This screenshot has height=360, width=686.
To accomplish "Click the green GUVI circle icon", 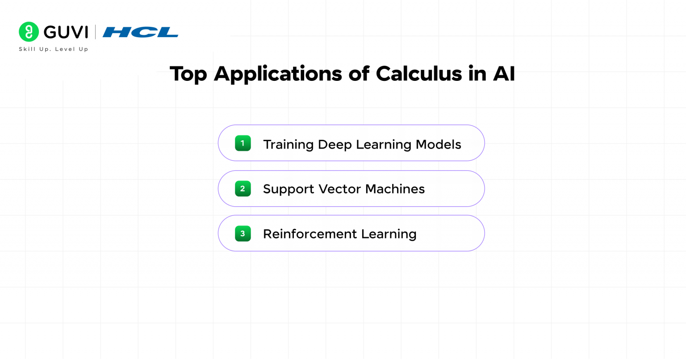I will point(29,32).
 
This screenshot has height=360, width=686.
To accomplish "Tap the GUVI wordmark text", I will point(66,32).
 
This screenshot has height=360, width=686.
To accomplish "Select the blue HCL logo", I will point(140,32).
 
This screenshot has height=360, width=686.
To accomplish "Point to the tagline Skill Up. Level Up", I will point(54,49).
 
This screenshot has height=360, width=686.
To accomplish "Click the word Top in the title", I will point(188,74).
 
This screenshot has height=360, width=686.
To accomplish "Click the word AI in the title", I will point(504,74).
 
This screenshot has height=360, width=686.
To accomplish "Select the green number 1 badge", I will point(243,143).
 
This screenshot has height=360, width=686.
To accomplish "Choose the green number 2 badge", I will point(243,188).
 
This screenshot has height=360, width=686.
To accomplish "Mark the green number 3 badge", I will point(243,234).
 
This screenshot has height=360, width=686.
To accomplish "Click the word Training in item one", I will point(288,145).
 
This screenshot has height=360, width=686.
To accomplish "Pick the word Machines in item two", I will point(395,189).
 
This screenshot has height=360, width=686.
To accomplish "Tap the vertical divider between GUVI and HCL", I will point(95,32).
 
